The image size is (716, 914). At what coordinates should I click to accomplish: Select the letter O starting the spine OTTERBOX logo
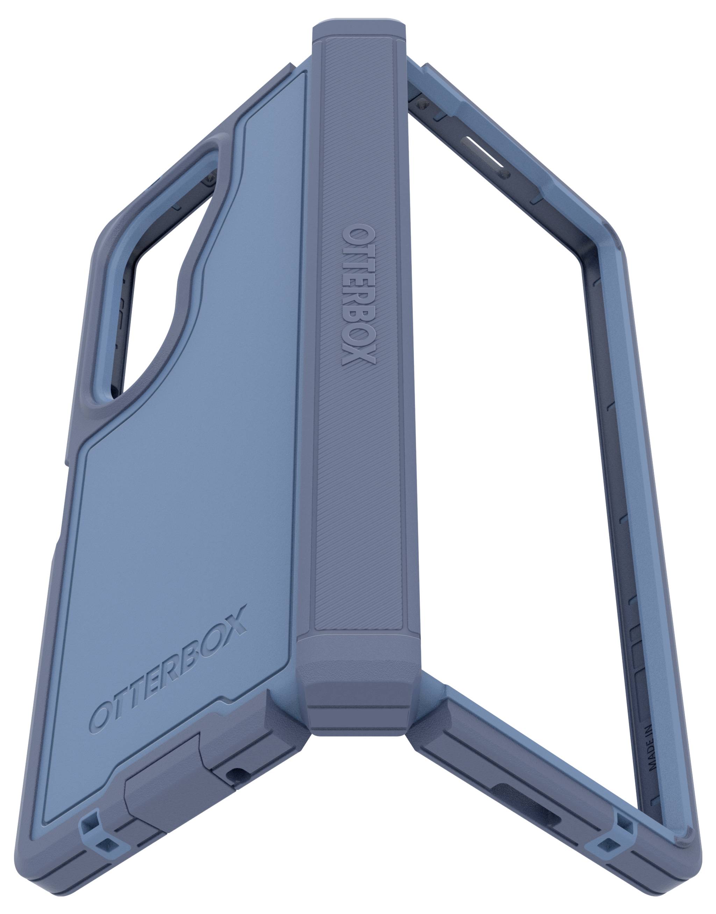click(x=355, y=237)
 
